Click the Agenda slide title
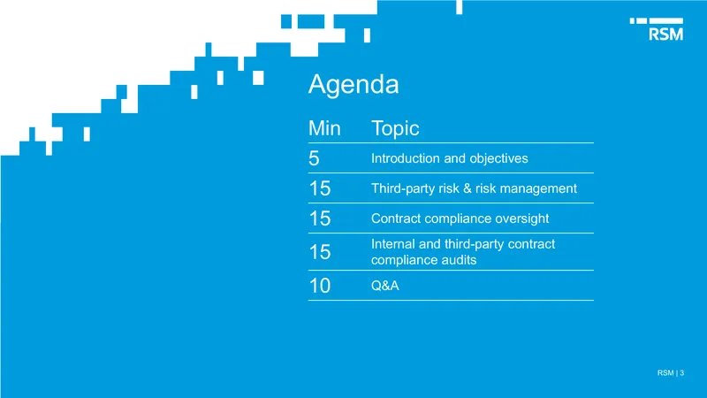[353, 85]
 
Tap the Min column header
[324, 128]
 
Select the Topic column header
[395, 129]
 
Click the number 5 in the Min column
[314, 158]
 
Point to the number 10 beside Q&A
[320, 286]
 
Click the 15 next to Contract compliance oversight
[320, 218]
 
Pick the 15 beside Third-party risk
[320, 188]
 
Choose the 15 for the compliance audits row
[320, 252]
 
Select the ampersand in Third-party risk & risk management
[468, 188]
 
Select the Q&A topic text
[385, 286]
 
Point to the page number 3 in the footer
[681, 372]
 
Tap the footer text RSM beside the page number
[665, 372]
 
